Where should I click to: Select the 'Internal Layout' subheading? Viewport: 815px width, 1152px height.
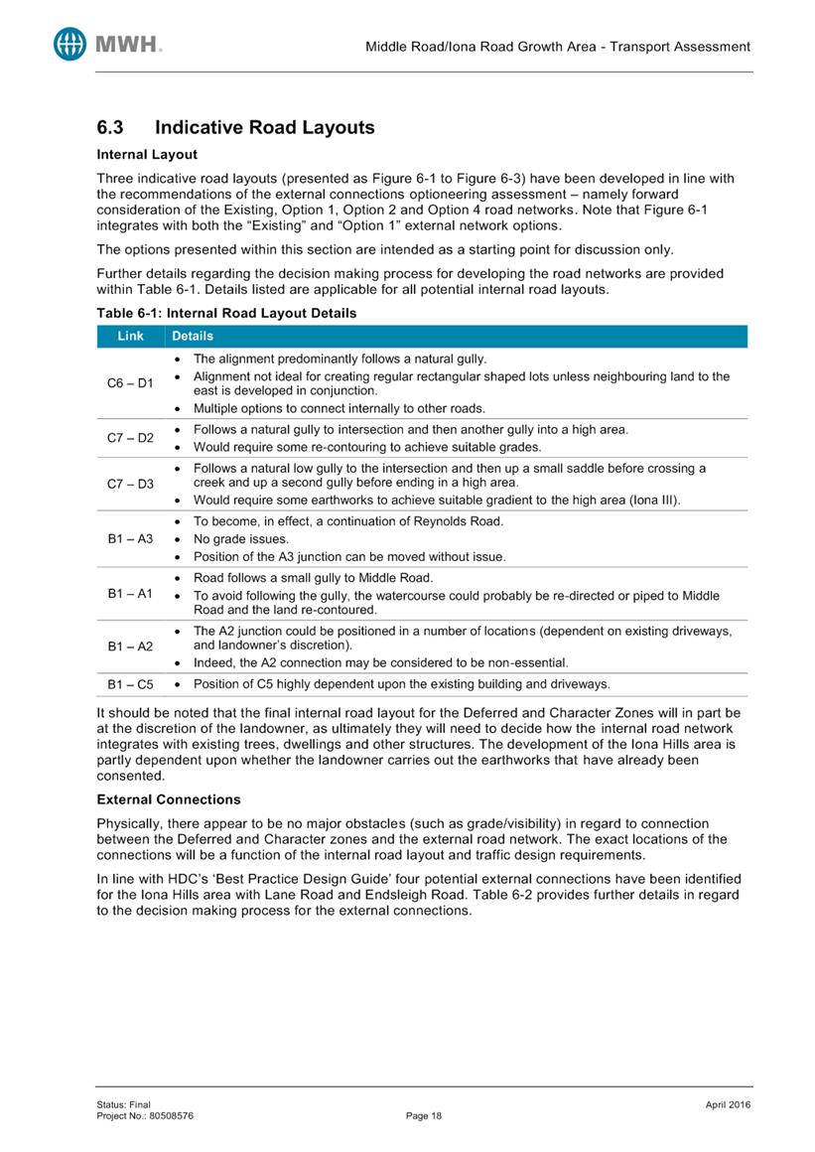(x=146, y=155)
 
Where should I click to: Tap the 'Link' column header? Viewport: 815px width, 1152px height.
(x=130, y=337)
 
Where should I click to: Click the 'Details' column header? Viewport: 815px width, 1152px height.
(x=193, y=337)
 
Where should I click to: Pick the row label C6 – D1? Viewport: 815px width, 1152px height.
(x=130, y=383)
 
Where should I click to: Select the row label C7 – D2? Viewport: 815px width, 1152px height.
(x=130, y=438)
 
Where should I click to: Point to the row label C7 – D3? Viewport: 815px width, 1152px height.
(x=130, y=484)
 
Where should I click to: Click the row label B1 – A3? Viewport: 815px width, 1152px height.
(x=130, y=539)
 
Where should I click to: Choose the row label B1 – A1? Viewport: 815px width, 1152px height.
(x=130, y=594)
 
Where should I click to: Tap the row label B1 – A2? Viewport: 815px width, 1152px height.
(x=130, y=647)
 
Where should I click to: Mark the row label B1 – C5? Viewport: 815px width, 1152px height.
(x=130, y=684)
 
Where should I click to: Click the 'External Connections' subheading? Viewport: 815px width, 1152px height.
(x=168, y=798)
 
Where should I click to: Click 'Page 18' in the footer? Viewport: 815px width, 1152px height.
(x=424, y=1115)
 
